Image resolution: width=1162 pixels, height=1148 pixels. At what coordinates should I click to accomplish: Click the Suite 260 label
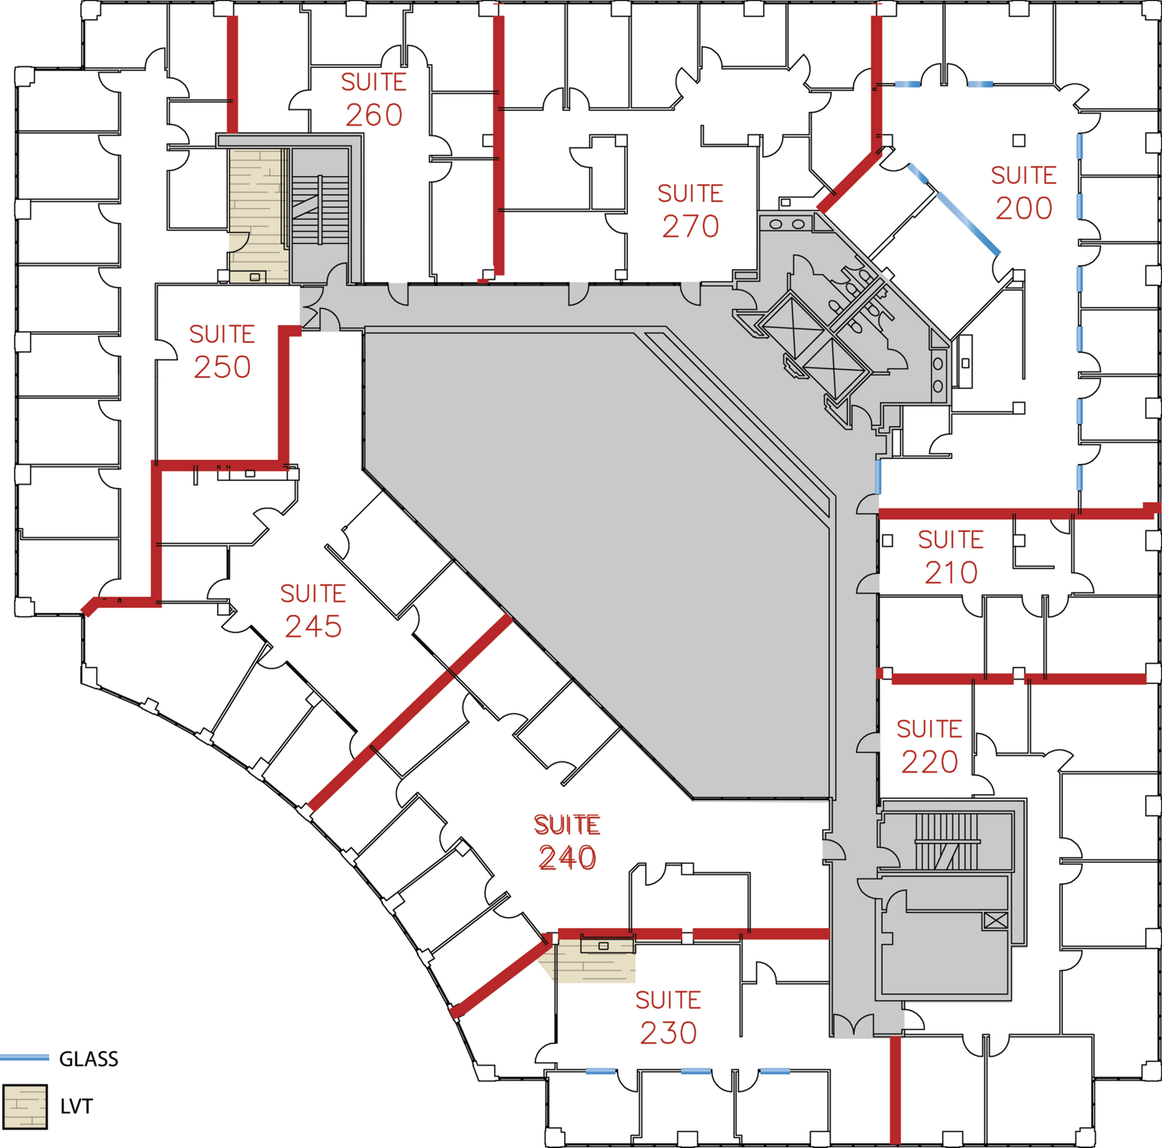click(x=374, y=99)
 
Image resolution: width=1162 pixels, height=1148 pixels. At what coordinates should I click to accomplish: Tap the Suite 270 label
click(x=690, y=210)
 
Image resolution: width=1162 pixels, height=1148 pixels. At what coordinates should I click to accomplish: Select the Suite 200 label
click(x=1023, y=192)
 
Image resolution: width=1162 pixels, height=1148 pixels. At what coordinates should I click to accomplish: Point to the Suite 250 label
click(x=222, y=351)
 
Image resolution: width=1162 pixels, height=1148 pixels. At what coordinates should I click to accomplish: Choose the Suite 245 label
click(x=313, y=611)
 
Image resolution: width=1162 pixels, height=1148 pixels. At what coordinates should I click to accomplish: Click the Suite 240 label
click(x=567, y=842)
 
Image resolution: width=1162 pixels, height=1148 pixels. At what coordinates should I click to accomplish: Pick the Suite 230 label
click(x=668, y=1017)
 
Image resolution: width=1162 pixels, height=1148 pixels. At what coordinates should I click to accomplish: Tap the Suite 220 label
click(x=929, y=746)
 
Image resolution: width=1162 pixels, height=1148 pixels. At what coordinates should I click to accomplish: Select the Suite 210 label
click(x=951, y=557)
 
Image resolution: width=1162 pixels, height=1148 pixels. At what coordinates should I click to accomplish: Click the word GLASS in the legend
click(x=88, y=1060)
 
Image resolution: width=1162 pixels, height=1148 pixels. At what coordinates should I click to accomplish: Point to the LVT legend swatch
click(x=25, y=1107)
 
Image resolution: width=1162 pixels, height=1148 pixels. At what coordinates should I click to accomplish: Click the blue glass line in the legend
click(x=25, y=1058)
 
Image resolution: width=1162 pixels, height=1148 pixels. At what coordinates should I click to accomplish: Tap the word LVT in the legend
click(x=76, y=1107)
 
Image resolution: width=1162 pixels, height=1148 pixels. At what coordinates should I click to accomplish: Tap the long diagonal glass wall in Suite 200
click(x=968, y=223)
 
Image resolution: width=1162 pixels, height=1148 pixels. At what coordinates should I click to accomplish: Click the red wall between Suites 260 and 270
click(x=498, y=145)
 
